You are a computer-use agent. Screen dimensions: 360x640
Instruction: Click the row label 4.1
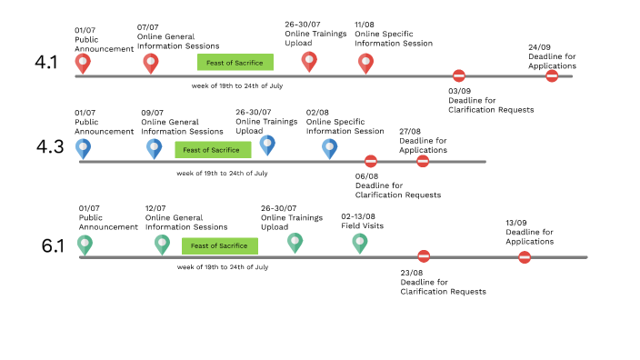[45, 63]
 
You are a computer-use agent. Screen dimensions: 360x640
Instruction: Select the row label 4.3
[49, 146]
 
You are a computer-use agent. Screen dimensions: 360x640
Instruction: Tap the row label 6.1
[54, 246]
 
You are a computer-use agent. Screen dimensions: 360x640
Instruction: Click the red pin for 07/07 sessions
[151, 63]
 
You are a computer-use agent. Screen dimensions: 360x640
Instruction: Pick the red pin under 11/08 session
[365, 63]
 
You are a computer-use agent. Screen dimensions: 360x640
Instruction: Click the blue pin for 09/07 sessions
[154, 147]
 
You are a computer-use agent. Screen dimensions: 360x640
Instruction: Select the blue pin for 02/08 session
[329, 147]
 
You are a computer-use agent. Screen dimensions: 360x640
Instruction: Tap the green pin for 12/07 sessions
[162, 243]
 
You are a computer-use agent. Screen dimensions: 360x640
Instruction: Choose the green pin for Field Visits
[359, 242]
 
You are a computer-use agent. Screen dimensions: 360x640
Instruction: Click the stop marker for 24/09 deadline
[552, 76]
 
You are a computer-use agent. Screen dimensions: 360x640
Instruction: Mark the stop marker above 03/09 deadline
[459, 76]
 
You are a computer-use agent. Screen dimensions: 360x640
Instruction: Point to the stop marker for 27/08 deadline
[423, 161]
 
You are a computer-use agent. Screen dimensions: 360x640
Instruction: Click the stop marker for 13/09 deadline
[525, 257]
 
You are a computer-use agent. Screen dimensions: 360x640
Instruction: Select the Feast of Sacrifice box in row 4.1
[235, 62]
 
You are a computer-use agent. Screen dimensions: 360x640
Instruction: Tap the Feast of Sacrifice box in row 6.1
[219, 245]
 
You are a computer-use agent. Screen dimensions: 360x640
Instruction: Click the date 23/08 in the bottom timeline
[412, 272]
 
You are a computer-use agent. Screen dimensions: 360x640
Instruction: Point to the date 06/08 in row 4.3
[366, 175]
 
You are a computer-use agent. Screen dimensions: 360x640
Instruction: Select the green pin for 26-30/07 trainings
[295, 242]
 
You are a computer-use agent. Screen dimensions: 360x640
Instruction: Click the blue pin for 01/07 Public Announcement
[83, 147]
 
